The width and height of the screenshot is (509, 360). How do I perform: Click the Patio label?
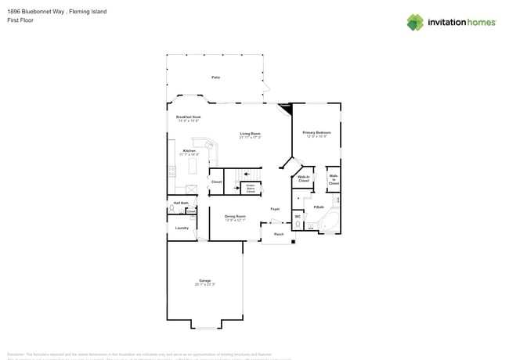[215, 77]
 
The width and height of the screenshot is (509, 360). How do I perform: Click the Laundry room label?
[182, 228]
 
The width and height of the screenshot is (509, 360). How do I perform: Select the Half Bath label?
[179, 203]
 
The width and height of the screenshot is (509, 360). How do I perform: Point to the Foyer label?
[275, 209]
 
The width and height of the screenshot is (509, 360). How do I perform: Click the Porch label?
[278, 234]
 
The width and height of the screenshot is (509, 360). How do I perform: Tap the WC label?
[298, 216]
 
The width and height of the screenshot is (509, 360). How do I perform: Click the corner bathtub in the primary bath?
[330, 222]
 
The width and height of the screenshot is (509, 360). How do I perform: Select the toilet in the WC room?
[298, 225]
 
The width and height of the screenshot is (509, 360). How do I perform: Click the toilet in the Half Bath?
[171, 210]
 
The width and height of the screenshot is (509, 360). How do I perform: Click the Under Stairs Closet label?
[251, 189]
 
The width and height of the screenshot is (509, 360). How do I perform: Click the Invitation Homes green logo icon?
[415, 22]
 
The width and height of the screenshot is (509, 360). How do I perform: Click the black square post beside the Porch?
[293, 241]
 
